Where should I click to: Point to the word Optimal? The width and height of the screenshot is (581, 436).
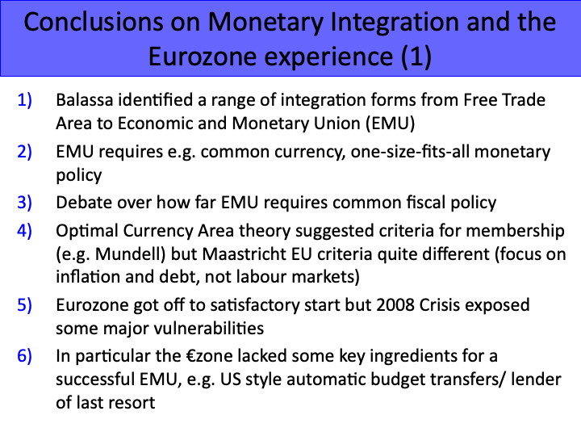pos(83,231)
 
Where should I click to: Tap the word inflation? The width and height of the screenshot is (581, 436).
pos(86,276)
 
